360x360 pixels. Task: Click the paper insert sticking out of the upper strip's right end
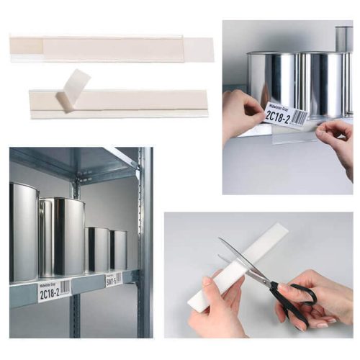point(199,50)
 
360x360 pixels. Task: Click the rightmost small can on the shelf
point(118,250)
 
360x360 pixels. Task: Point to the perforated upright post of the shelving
point(145,238)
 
